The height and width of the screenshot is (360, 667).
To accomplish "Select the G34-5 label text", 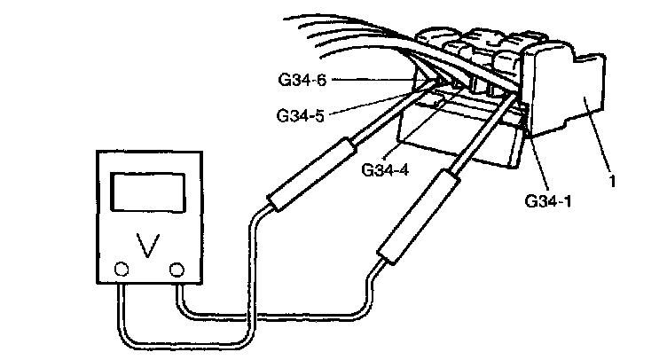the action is pyautogui.click(x=299, y=115).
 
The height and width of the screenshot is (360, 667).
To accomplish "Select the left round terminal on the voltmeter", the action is pyautogui.click(x=122, y=269).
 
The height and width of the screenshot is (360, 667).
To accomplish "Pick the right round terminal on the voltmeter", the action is pyautogui.click(x=177, y=269).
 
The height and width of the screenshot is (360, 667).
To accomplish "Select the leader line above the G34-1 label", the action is pyautogui.click(x=537, y=164).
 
